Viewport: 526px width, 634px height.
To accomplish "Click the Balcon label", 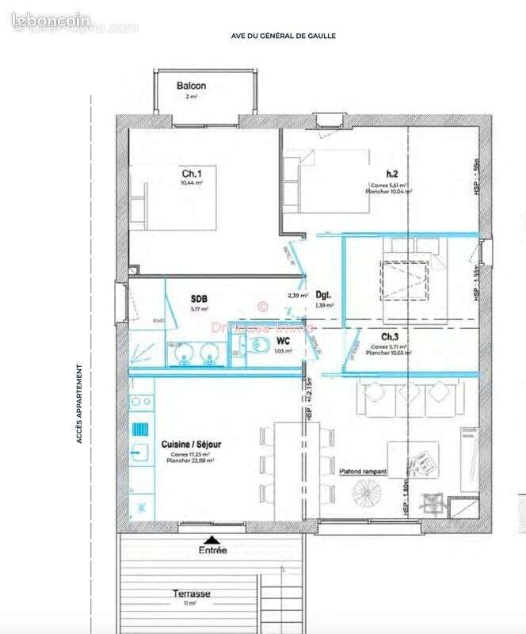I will click(x=192, y=86).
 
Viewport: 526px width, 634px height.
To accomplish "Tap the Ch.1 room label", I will click(x=191, y=174).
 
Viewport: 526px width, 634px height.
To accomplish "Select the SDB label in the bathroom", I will click(x=199, y=299).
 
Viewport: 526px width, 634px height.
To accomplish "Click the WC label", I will click(x=283, y=341).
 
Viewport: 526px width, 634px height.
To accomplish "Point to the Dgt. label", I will click(x=323, y=293).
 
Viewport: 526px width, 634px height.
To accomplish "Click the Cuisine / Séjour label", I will click(x=192, y=445).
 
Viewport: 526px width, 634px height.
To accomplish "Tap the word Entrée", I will click(x=212, y=548).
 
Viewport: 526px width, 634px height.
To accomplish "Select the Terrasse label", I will click(x=193, y=593).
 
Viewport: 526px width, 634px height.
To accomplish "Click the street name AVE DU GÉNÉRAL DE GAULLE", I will click(x=283, y=36).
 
